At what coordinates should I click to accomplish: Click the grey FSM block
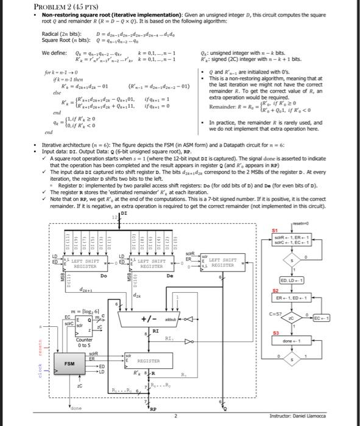(70, 364)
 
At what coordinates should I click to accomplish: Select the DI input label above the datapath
(124, 214)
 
